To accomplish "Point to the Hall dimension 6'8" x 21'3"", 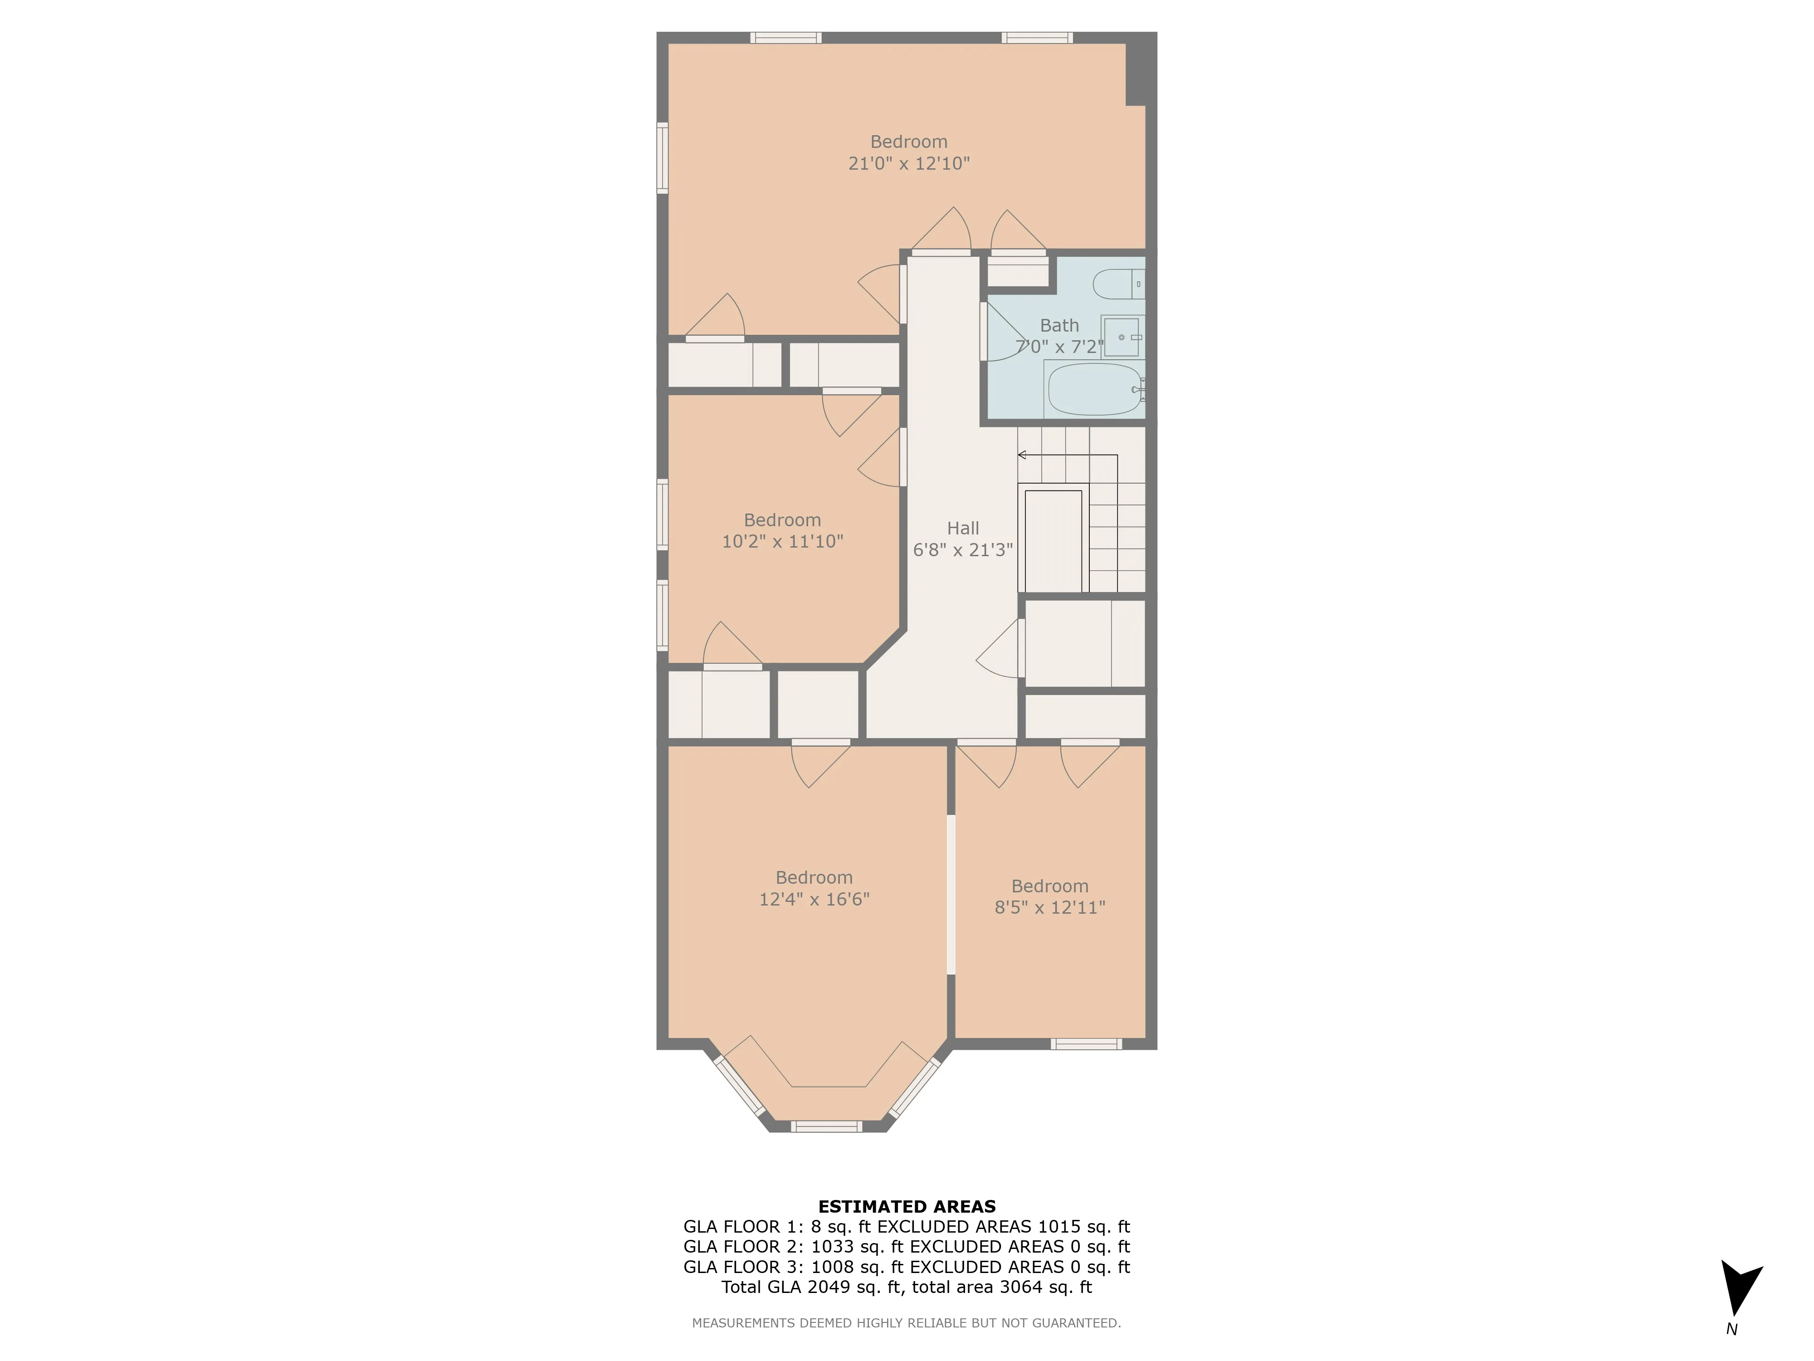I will click(x=963, y=550).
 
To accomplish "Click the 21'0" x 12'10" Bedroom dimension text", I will click(x=909, y=163).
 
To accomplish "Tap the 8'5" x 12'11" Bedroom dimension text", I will click(x=1050, y=907).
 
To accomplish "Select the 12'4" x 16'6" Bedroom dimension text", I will click(x=814, y=899).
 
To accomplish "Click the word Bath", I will click(x=1059, y=326).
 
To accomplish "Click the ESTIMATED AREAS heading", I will click(x=906, y=1207).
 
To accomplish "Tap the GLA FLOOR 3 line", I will click(x=906, y=1267).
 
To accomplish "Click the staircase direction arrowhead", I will click(x=1022, y=455).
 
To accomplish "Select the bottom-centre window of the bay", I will click(x=826, y=1126).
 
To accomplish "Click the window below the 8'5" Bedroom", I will click(x=1086, y=1044).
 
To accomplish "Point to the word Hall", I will click(x=963, y=529).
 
